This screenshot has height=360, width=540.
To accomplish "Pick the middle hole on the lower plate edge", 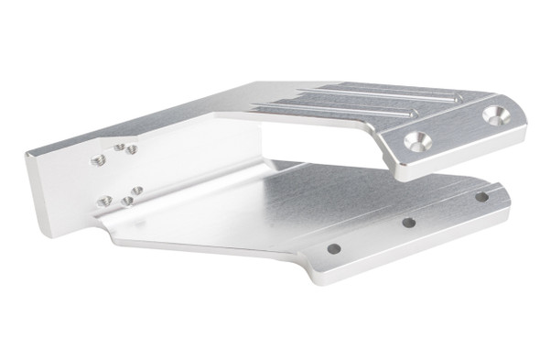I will [409, 223].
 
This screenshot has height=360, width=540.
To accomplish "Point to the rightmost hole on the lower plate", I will [481, 197].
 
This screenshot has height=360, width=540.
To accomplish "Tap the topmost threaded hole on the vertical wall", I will [119, 146].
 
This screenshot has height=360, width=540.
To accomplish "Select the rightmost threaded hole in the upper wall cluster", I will [132, 149].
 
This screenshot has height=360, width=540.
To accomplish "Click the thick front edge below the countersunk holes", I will [458, 157].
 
